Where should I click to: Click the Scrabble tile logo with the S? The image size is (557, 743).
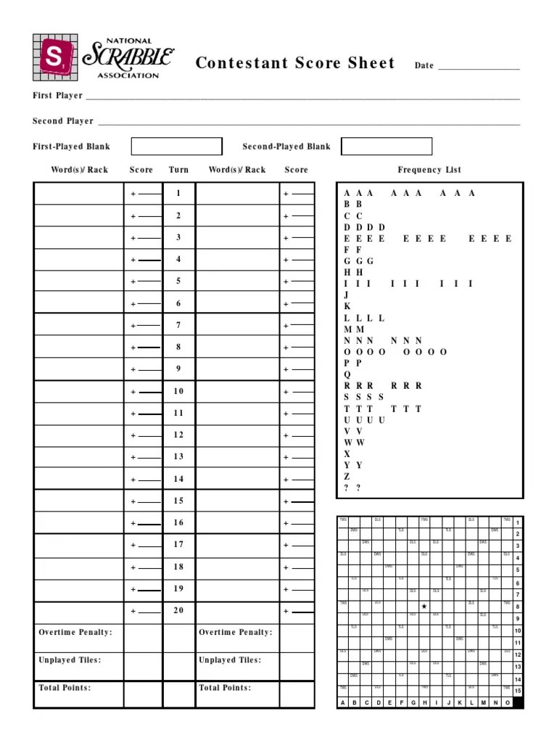tap(56, 57)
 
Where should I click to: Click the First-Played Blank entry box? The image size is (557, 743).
tap(176, 147)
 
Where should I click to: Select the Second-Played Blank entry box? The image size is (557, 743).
tap(386, 147)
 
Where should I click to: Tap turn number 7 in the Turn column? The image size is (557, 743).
tap(178, 325)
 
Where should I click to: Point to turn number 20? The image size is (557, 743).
tap(178, 611)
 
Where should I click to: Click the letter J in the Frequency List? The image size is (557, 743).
tap(347, 295)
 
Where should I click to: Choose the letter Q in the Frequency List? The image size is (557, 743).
tap(347, 374)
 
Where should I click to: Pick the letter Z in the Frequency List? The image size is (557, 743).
tap(347, 477)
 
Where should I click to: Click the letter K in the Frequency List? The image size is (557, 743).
tap(347, 307)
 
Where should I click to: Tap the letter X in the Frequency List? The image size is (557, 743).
tap(347, 454)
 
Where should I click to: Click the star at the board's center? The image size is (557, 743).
tap(424, 606)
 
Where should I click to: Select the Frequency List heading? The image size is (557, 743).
tap(429, 170)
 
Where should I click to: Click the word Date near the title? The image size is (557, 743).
tap(424, 66)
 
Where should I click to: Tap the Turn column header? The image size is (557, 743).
tap(178, 170)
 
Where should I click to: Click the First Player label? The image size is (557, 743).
tap(57, 96)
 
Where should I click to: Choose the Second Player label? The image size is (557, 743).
tap(63, 121)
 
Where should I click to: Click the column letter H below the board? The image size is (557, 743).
tap(424, 702)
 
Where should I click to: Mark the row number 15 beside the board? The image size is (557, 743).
tap(518, 691)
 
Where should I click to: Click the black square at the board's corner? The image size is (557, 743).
tap(518, 702)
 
